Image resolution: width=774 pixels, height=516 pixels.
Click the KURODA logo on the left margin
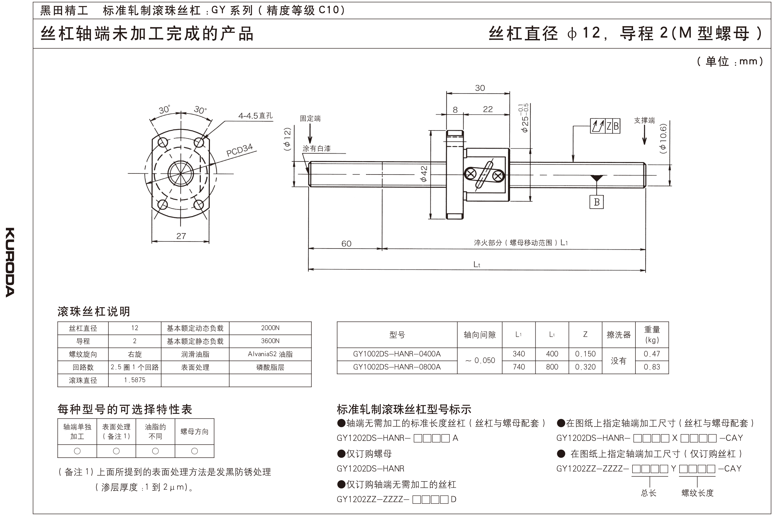pos(10,262)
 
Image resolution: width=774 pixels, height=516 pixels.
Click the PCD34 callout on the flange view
pos(239,150)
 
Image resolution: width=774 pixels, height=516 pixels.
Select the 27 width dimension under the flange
pos(181,236)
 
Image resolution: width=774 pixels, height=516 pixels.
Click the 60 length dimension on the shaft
pos(346,243)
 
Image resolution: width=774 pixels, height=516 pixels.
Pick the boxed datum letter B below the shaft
pos(596,202)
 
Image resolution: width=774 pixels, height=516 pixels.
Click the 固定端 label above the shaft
pos(310,118)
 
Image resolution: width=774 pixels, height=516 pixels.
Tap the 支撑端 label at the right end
pos(644,120)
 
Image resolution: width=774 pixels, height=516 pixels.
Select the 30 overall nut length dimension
pos(480,88)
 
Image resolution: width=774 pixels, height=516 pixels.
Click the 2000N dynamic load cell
pos(270,328)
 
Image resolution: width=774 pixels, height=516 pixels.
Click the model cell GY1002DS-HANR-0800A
pos(397,367)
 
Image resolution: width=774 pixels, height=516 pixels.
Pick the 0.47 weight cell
pos(652,354)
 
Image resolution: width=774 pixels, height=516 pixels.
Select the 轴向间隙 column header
pos(479,335)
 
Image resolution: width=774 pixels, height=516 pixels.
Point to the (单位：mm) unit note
pos(730,61)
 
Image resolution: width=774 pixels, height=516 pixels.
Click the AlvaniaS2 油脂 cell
pos(270,354)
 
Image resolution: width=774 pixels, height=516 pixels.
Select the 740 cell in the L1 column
pos(518,367)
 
